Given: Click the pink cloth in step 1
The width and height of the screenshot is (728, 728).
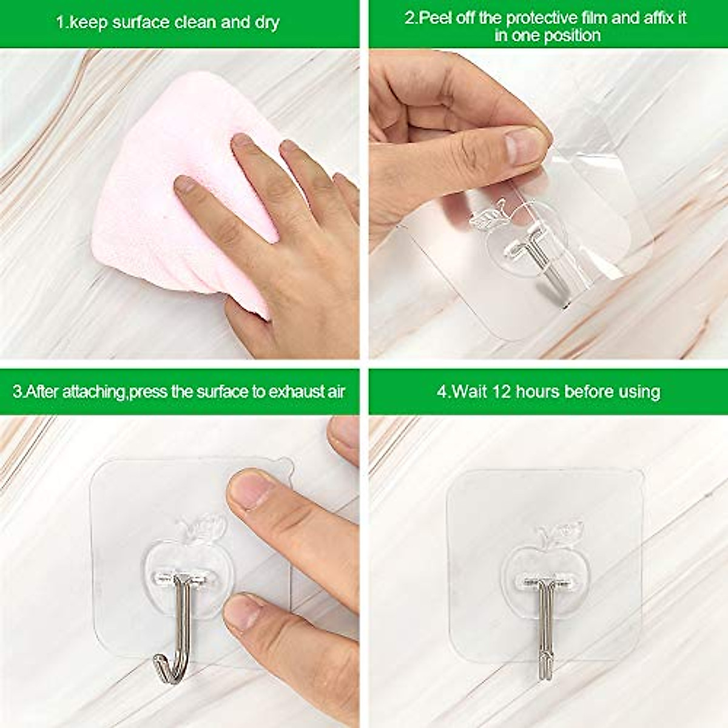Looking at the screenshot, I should pos(158,200).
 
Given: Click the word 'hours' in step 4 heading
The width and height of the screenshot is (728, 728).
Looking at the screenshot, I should pos(539,391).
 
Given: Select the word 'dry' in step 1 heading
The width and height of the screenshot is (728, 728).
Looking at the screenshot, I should pos(265,23).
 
